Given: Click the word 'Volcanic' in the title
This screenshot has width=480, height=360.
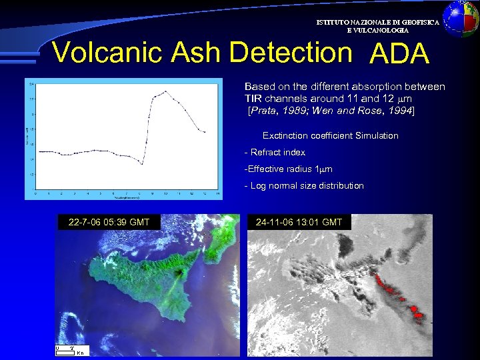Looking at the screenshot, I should click(x=107, y=52).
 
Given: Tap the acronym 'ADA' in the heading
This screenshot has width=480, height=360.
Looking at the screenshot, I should click(x=399, y=54).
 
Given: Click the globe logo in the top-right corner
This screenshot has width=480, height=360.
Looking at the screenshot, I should click(x=461, y=18).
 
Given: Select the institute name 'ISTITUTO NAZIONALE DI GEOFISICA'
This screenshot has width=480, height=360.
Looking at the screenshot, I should click(x=377, y=23).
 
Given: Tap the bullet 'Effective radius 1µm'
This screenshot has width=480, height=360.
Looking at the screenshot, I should click(x=289, y=169).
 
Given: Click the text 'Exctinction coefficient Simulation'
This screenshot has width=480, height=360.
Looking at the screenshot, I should click(x=330, y=136).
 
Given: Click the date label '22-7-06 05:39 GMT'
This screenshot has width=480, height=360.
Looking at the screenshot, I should click(x=109, y=222).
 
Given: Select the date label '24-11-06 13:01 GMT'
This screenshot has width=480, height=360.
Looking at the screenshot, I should click(x=299, y=222).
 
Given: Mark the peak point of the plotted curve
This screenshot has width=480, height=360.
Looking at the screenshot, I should click(x=165, y=91).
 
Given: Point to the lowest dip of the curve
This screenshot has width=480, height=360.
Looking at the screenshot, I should click(x=141, y=163).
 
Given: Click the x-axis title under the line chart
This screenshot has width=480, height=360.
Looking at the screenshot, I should click(x=127, y=198).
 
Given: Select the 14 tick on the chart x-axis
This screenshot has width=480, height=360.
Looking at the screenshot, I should click(x=218, y=193).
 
